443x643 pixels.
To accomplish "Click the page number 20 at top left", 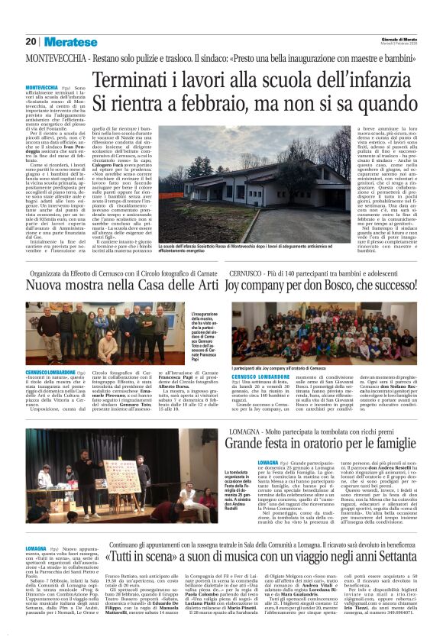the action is click(x=31, y=41).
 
